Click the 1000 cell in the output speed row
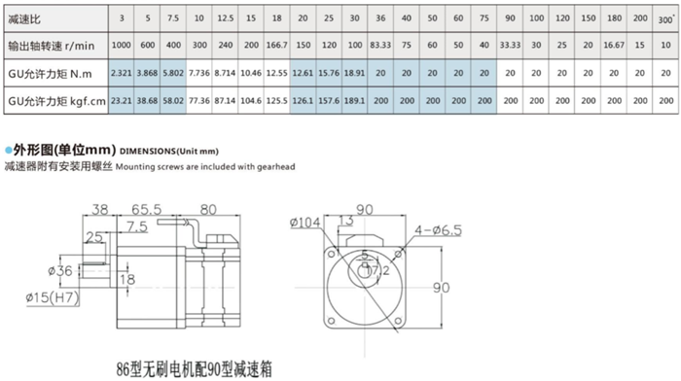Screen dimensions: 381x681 [x=121, y=45]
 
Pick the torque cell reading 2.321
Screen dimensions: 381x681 [x=121, y=73]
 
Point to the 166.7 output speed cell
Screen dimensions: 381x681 [x=276, y=45]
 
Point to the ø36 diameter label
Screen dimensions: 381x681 [x=61, y=270]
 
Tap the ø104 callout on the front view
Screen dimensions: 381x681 [x=304, y=224]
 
